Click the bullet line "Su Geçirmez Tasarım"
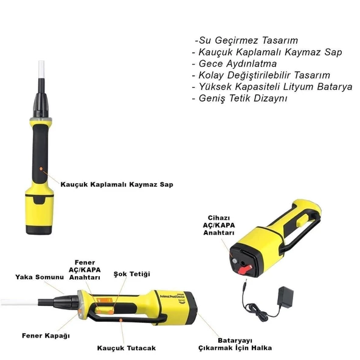click(x=246, y=40)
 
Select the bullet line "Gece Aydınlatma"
click(x=234, y=64)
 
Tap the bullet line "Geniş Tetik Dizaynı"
click(x=240, y=99)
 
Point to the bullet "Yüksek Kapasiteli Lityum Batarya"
click(x=272, y=87)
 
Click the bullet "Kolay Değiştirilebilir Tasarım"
click(x=261, y=75)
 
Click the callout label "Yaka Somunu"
click(x=40, y=277)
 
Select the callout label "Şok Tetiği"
click(x=132, y=274)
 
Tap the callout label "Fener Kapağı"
click(x=46, y=336)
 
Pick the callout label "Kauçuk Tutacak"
click(x=126, y=348)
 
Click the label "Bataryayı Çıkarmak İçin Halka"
click(x=235, y=344)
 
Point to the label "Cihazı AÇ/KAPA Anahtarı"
click(x=219, y=225)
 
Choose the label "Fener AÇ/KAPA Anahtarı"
click(x=85, y=270)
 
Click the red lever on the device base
click(x=244, y=269)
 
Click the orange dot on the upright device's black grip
click(x=41, y=169)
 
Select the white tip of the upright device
click(x=41, y=70)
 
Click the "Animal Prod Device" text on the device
click(x=172, y=297)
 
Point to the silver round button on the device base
click(x=235, y=261)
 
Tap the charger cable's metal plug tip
click(x=246, y=281)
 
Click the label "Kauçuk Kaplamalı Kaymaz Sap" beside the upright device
click(x=117, y=184)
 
